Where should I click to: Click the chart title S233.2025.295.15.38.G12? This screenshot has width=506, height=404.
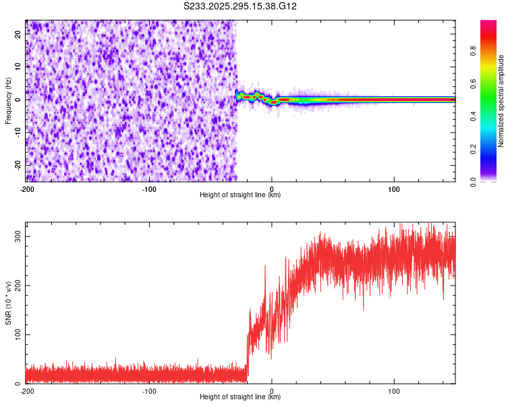click(x=241, y=6)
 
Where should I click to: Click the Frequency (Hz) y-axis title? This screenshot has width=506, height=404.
click(x=8, y=100)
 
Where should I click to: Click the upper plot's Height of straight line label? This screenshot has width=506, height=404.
click(x=240, y=195)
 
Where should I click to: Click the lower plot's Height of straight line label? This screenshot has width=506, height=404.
click(x=240, y=397)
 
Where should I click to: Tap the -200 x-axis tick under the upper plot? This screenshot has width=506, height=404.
click(x=28, y=188)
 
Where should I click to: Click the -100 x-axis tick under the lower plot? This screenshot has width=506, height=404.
click(x=149, y=391)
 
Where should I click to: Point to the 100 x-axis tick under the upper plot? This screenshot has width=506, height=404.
click(x=394, y=188)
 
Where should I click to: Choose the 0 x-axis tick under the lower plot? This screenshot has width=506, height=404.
click(x=272, y=391)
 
